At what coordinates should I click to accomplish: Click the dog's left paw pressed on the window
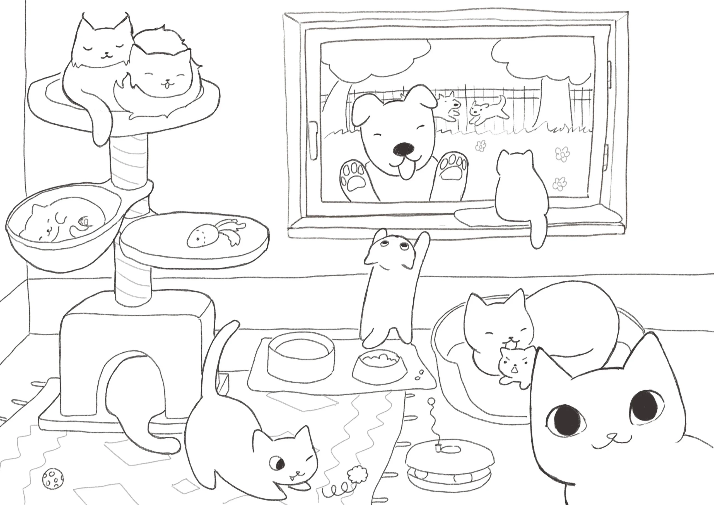pyautogui.click(x=354, y=179)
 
